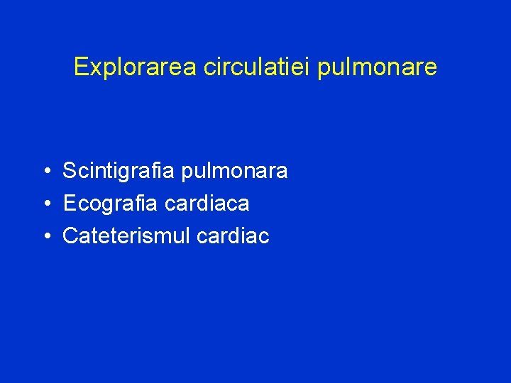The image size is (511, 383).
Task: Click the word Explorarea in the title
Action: (x=136, y=67)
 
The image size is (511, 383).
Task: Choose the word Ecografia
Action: (x=111, y=204)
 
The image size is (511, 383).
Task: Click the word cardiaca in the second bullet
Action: (x=207, y=204)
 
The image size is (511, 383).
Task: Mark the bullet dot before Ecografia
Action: (x=45, y=204)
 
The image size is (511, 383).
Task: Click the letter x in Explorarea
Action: (x=91, y=69)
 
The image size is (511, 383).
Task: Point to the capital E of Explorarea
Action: (x=80, y=67)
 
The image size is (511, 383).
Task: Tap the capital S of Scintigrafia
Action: (x=70, y=171)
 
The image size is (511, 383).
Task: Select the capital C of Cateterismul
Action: (x=70, y=236)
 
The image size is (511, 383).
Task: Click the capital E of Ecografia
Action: (x=69, y=204)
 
